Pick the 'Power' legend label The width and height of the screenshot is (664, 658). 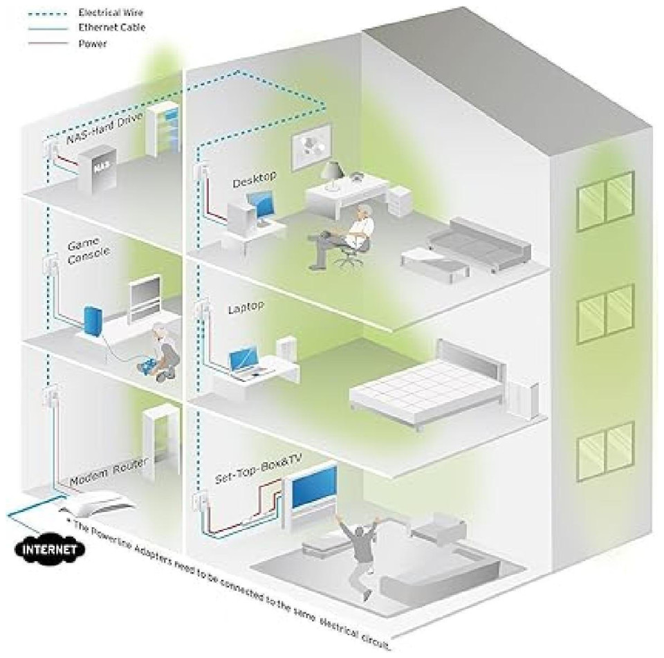click(92, 43)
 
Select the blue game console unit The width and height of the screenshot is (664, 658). click(92, 322)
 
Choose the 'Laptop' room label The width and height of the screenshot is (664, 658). click(246, 308)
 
